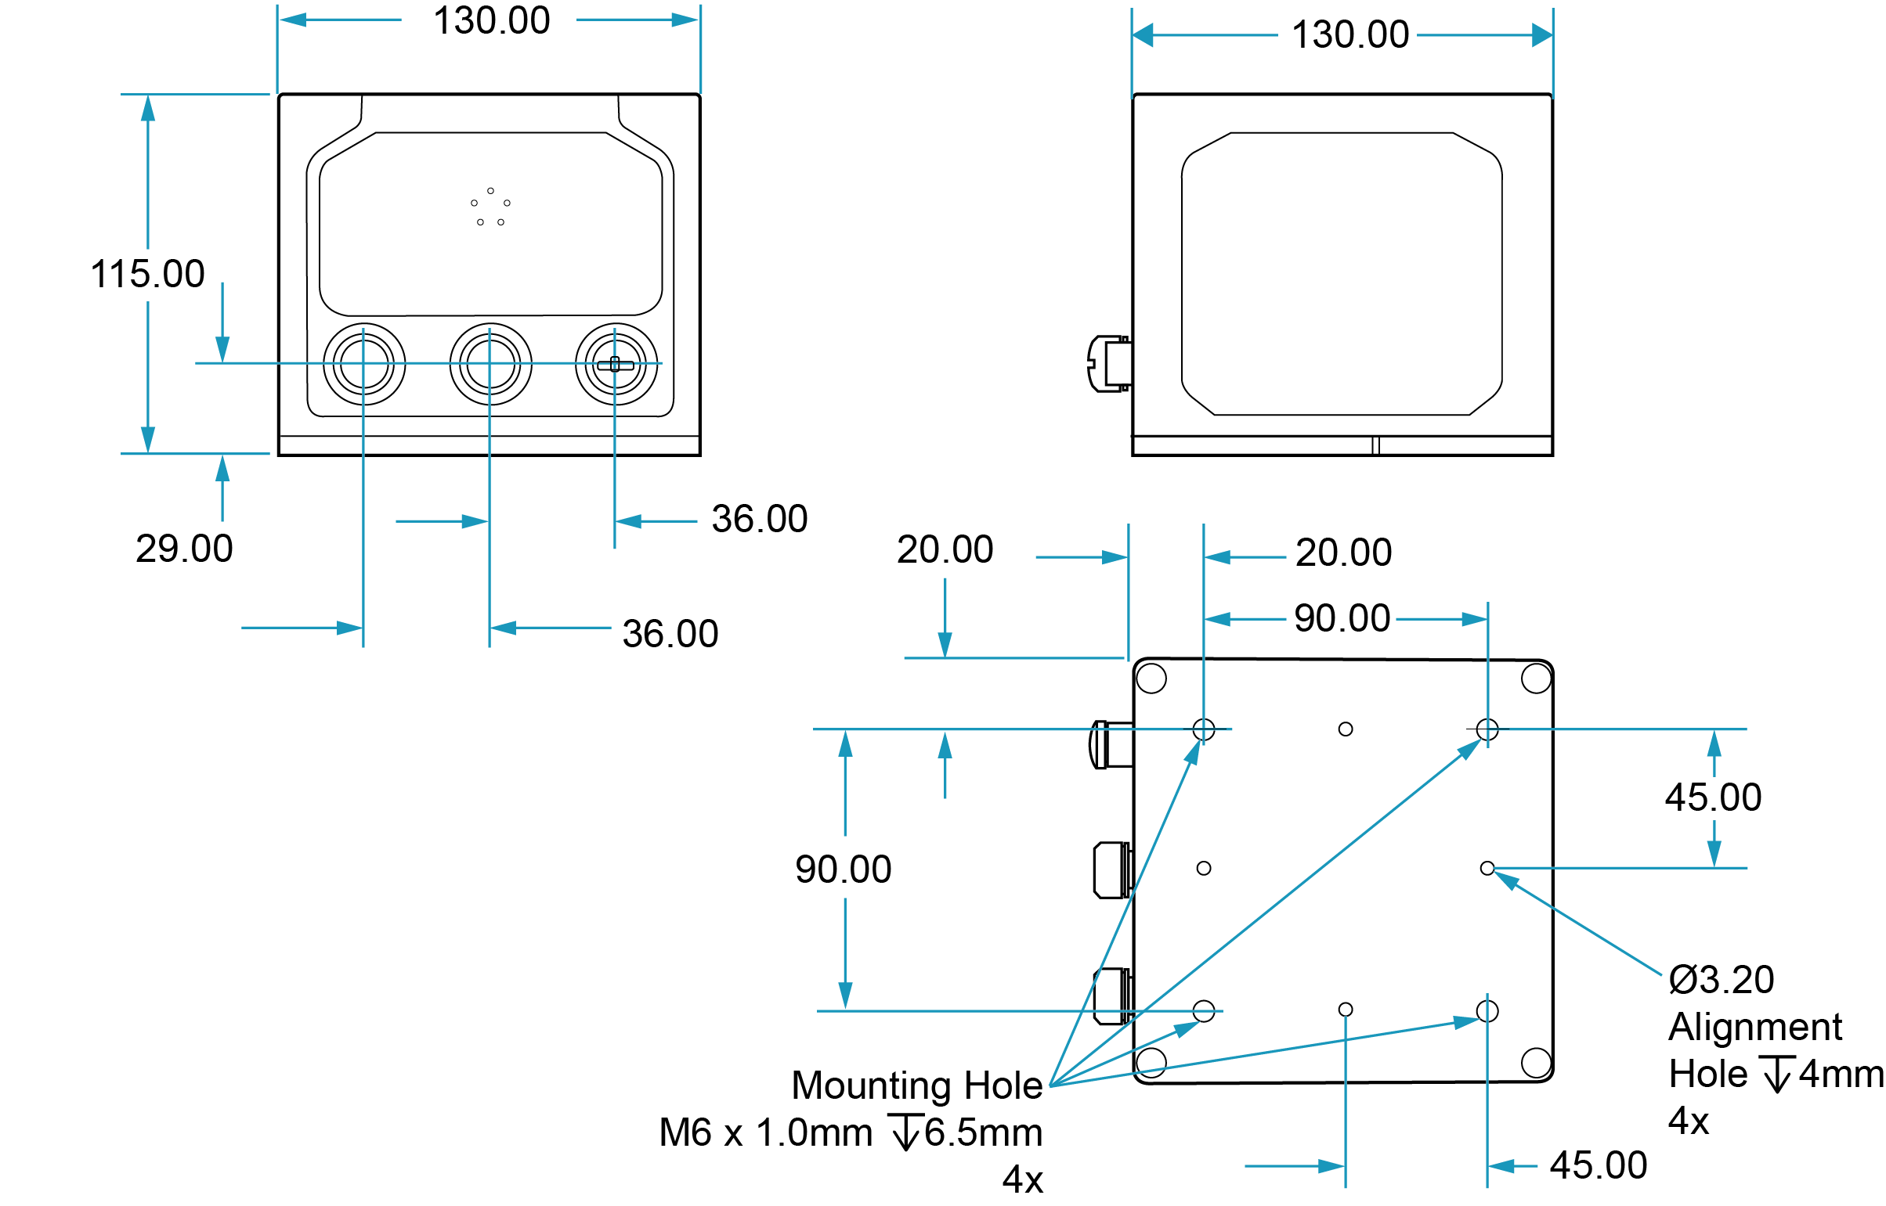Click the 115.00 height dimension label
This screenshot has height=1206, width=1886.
pyautogui.click(x=147, y=275)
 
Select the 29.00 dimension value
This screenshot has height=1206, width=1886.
pyautogui.click(x=184, y=548)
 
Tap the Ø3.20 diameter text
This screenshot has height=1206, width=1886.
pyautogui.click(x=1721, y=980)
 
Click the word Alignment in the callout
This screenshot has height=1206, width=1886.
pyautogui.click(x=1755, y=1027)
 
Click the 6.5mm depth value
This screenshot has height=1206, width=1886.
pyautogui.click(x=984, y=1132)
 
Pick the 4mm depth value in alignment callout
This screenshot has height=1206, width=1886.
pyautogui.click(x=1841, y=1074)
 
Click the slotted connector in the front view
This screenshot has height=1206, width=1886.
pyautogui.click(x=616, y=364)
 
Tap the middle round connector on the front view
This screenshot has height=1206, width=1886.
pyautogui.click(x=490, y=364)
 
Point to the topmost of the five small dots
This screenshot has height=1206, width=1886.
pyautogui.click(x=490, y=191)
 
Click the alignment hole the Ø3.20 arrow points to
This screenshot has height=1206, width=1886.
pyautogui.click(x=1487, y=869)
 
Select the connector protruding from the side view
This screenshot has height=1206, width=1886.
pyautogui.click(x=1109, y=364)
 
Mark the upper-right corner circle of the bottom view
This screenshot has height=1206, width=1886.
pyautogui.click(x=1536, y=679)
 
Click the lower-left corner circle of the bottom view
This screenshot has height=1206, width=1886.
pyautogui.click(x=1151, y=1063)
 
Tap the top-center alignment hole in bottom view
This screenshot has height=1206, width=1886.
pyautogui.click(x=1346, y=729)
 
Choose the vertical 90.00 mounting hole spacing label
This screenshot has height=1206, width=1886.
pyautogui.click(x=843, y=870)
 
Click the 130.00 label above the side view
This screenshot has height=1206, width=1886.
pyautogui.click(x=1350, y=35)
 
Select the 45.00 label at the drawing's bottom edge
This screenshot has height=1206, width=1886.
pyautogui.click(x=1599, y=1165)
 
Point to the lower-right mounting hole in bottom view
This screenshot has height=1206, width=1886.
pyautogui.click(x=1487, y=1011)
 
